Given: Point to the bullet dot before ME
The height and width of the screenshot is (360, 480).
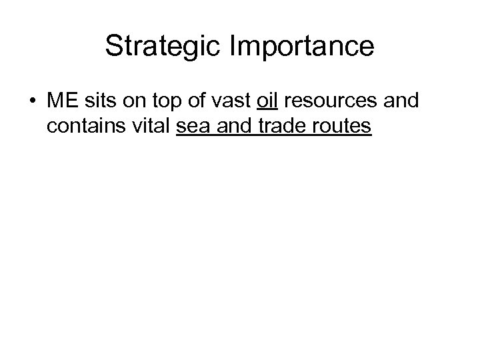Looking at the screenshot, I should [x=32, y=102].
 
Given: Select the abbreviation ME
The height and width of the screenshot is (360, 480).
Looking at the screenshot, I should [x=61, y=102].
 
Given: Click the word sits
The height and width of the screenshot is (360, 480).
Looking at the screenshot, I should [x=99, y=102].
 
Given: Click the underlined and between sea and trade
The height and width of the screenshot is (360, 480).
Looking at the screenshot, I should [x=234, y=126].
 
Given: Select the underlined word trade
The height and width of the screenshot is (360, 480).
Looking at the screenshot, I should [x=282, y=126].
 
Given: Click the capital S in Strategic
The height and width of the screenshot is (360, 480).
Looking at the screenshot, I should [x=113, y=47].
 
